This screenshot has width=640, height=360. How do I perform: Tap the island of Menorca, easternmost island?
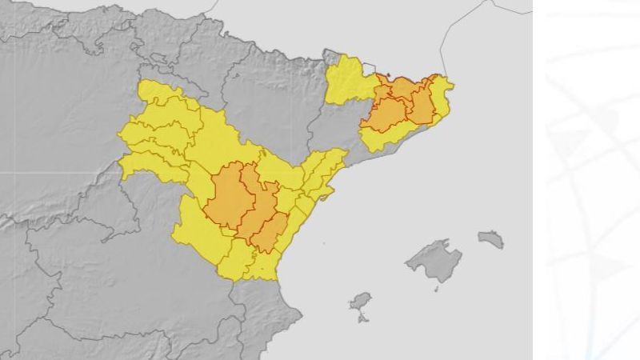491,238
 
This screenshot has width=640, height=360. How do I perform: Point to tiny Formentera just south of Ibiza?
363,318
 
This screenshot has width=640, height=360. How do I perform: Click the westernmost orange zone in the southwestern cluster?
227,196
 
